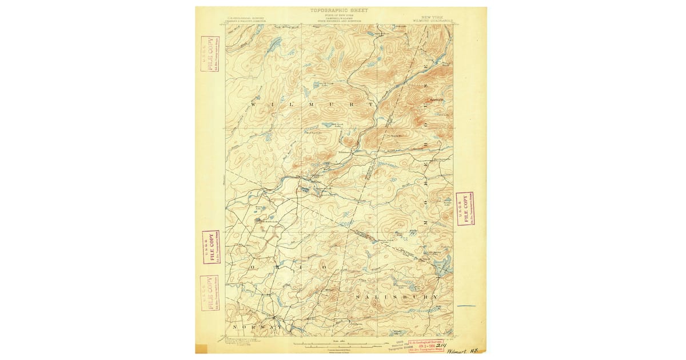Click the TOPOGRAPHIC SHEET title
(339, 10)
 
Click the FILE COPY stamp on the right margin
(465, 209)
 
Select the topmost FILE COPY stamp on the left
(210, 54)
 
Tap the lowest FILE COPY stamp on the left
(209, 292)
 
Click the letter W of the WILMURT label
(254, 106)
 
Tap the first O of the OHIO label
(252, 267)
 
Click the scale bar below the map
(337, 345)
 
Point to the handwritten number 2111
(441, 345)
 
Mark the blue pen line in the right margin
(466, 306)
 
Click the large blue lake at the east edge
(442, 265)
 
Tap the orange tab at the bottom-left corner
(201, 349)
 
